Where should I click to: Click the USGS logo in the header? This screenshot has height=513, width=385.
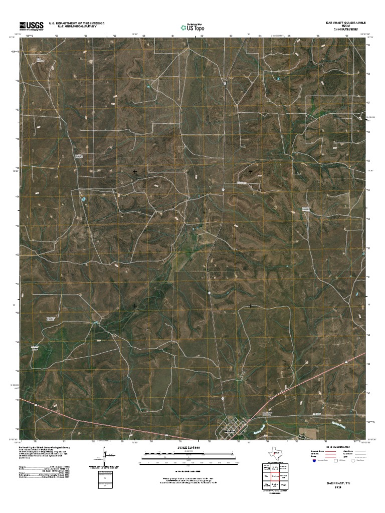31,26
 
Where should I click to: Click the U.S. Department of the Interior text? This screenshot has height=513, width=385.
76,23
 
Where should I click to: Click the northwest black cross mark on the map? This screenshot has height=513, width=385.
135,172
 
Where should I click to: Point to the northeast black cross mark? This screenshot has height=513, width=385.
250,172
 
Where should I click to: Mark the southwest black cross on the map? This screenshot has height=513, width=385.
135,305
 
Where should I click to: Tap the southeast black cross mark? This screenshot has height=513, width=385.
250,305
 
